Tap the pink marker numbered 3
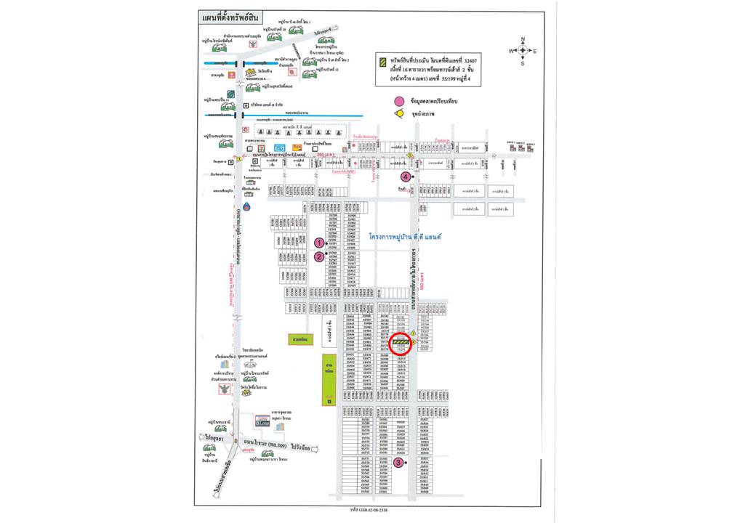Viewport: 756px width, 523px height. tap(398, 463)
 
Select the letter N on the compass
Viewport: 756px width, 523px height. tap(522, 39)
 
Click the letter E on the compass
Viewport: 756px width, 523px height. tap(535, 51)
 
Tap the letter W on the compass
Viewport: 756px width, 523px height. tap(510, 51)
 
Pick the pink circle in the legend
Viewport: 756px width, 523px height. tap(398, 102)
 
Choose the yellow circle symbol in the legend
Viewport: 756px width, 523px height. tap(398, 114)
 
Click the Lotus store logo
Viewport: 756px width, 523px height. tap(261, 421)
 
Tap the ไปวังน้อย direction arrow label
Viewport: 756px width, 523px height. tap(306, 448)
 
